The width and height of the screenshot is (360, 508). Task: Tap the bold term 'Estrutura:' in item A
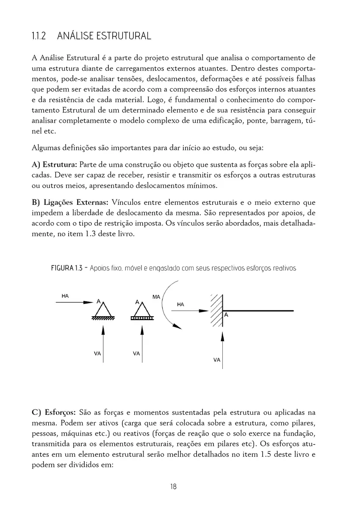(61, 164)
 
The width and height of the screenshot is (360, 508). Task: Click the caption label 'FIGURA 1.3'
(66, 268)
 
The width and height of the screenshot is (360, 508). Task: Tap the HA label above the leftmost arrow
(65, 296)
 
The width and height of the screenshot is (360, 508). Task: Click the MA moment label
(156, 297)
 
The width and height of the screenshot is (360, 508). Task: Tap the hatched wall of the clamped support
(217, 310)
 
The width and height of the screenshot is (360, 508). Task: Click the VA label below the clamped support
(217, 360)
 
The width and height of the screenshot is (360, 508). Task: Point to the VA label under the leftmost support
(97, 353)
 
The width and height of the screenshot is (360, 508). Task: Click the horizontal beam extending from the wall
(258, 311)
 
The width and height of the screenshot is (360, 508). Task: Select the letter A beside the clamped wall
(226, 315)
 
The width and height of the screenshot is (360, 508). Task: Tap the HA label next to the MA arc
(181, 304)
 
